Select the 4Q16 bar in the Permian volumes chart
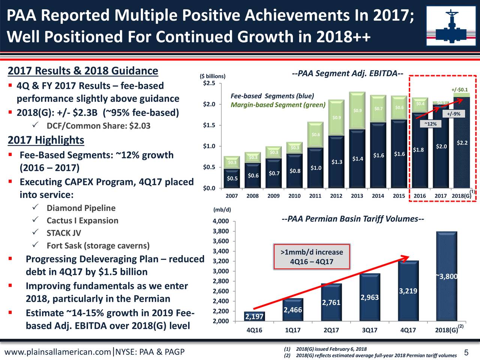pos(254,316)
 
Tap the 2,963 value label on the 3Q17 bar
pos(369,297)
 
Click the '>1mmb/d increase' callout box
pos(312,257)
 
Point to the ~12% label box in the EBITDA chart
pos(430,124)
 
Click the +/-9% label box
pos(454,114)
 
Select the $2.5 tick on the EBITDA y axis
pos(209,83)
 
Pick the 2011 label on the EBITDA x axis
pos(315,196)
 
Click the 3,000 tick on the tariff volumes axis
pos(221,271)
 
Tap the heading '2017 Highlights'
pos(46,140)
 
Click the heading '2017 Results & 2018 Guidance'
pos(83,71)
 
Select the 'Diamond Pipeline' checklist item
pos(81,208)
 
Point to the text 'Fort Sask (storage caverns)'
pos(98,246)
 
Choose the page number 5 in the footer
pos(466,352)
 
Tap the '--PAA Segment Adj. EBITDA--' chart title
pos(347,73)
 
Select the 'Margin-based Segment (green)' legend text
pos(278,105)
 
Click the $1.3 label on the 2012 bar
pos(337,162)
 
